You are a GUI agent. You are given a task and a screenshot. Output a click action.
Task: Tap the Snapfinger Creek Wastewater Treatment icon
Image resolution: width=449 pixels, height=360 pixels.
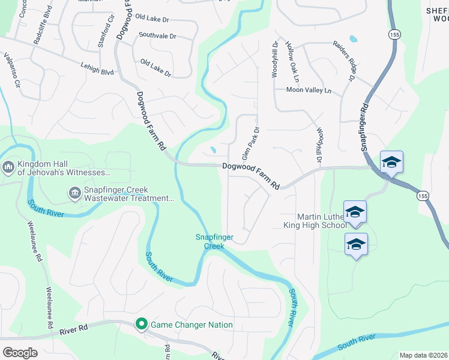74,193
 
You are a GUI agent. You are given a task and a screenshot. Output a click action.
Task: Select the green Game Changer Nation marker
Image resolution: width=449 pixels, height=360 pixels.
142,325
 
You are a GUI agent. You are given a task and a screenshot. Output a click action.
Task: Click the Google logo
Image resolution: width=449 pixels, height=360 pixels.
20,353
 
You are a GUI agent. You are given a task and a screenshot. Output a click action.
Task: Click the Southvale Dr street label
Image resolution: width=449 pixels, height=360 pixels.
157,36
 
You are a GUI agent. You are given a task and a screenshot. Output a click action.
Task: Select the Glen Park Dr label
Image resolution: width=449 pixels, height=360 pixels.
250,143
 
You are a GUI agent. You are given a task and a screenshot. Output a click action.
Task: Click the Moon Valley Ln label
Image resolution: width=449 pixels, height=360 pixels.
309,90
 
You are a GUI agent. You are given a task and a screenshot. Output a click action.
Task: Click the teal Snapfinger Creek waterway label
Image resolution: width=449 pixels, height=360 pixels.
209,241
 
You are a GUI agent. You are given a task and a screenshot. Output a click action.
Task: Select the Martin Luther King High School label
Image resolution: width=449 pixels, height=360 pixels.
315,221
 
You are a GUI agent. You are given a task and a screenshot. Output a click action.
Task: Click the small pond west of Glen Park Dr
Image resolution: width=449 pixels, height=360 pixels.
213,151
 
